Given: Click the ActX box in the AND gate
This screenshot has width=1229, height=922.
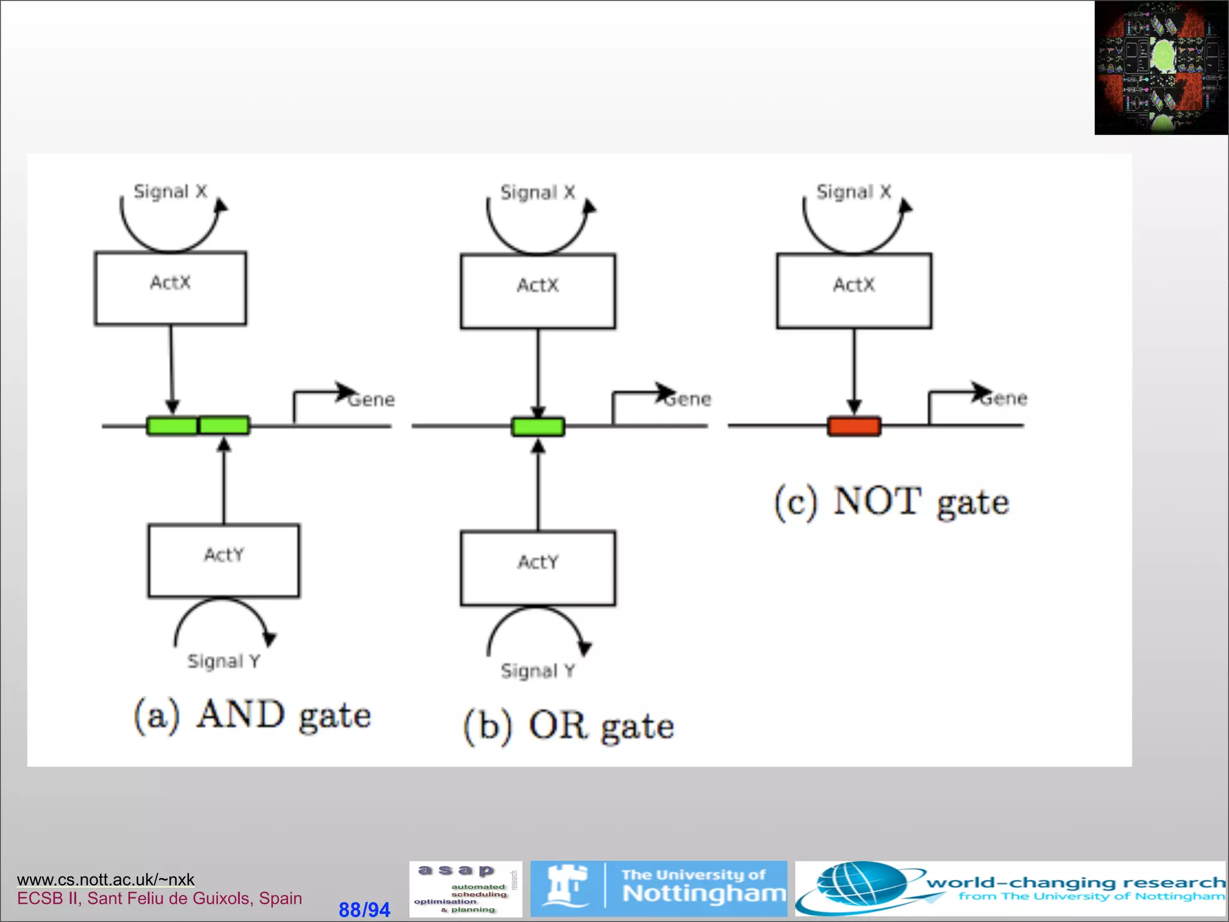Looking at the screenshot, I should pos(170,288).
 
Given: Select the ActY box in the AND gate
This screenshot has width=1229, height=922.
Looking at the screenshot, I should pos(224,561).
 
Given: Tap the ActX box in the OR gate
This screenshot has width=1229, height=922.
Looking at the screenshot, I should pos(538,291).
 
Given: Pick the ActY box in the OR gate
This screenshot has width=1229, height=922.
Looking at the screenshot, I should pos(538,568).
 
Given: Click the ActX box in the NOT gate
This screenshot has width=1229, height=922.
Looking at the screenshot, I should pos(854,291).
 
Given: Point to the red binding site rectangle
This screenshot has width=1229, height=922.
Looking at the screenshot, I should pos(854,426).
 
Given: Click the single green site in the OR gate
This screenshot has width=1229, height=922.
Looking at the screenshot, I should pos(538,427).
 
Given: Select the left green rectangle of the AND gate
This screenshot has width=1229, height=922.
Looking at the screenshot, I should pos(172,426).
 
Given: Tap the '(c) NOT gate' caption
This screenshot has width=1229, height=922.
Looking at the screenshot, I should pos(892,502).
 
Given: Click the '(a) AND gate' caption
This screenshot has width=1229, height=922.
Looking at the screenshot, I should pos(252,715).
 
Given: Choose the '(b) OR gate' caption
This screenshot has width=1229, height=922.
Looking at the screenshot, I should pos(569,726).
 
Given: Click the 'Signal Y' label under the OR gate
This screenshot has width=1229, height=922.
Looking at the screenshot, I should pos(538,670).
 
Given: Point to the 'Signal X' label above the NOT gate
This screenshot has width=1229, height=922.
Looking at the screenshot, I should pos(853,192).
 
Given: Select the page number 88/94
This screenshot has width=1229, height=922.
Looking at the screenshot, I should pos(364,909).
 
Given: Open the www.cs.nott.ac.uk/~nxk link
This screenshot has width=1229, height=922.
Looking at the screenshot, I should pos(106,879).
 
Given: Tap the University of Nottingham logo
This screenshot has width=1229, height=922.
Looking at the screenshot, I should pos(658,888).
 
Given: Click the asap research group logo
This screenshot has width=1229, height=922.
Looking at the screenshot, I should pos(466,888).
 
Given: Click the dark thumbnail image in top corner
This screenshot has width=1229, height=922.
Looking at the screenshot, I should pos(1161,67).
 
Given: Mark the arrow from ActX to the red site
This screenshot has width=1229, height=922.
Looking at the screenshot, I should pos(854,369).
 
